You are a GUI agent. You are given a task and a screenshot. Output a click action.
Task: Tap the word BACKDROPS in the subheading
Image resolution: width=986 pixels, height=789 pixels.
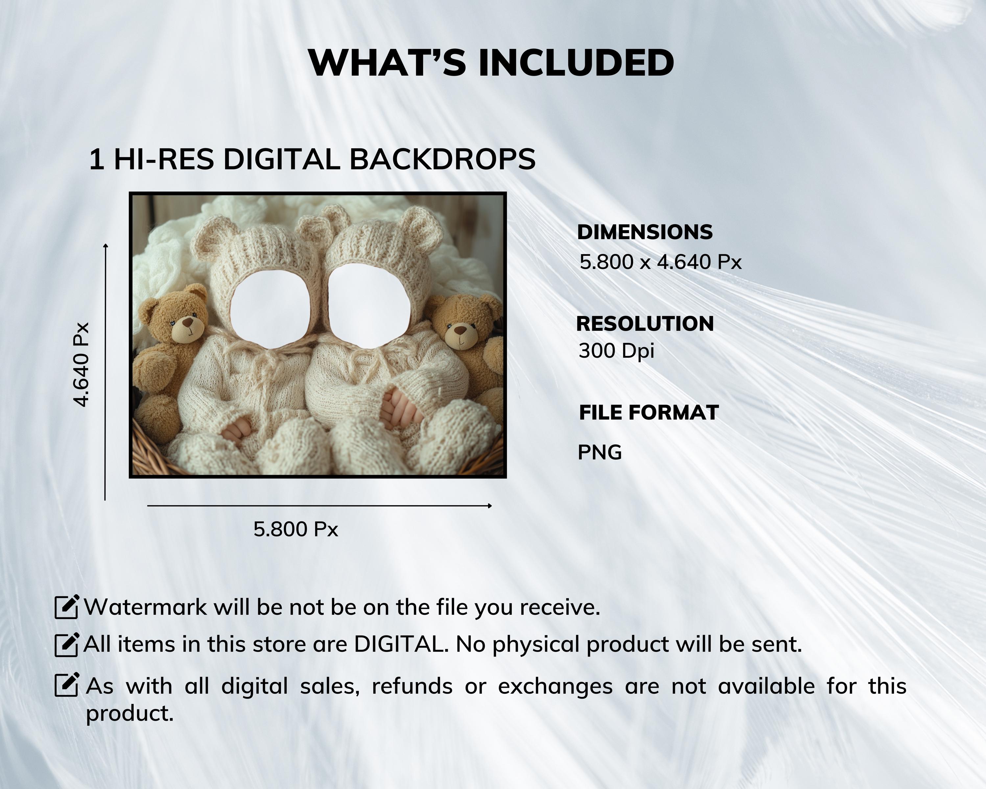pyautogui.click(x=442, y=160)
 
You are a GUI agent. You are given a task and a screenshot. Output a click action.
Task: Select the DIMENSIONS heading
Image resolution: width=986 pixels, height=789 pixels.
pyautogui.click(x=645, y=232)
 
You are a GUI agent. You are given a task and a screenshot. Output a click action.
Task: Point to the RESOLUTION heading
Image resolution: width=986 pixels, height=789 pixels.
pyautogui.click(x=645, y=324)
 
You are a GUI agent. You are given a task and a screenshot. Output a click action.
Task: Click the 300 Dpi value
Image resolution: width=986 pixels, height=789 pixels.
pyautogui.click(x=616, y=351)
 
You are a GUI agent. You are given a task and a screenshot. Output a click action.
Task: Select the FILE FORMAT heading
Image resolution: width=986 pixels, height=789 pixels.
pyautogui.click(x=648, y=413)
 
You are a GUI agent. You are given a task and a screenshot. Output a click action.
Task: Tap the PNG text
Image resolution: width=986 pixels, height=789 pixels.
pyautogui.click(x=599, y=452)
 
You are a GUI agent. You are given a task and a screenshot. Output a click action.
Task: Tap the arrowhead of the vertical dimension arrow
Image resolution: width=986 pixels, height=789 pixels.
pyautogui.click(x=106, y=246)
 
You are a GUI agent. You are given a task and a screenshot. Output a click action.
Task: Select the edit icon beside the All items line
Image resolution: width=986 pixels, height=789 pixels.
pyautogui.click(x=67, y=645)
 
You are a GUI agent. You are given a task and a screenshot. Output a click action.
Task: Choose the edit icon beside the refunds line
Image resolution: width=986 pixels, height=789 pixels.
pyautogui.click(x=67, y=685)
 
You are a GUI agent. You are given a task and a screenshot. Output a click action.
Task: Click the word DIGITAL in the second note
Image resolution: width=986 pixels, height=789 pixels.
pyautogui.click(x=400, y=644)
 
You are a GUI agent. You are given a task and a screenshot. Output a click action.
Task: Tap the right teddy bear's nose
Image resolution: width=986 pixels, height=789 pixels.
pyautogui.click(x=460, y=329)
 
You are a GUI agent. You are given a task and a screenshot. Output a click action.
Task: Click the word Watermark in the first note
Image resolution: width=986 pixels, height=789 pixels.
pyautogui.click(x=146, y=608)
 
